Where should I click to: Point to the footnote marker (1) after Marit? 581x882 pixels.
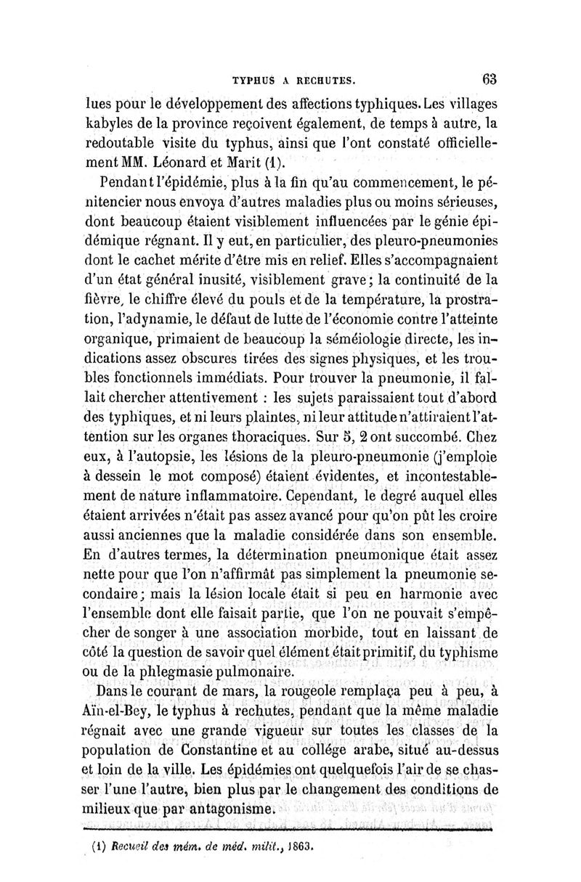(267, 160)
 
